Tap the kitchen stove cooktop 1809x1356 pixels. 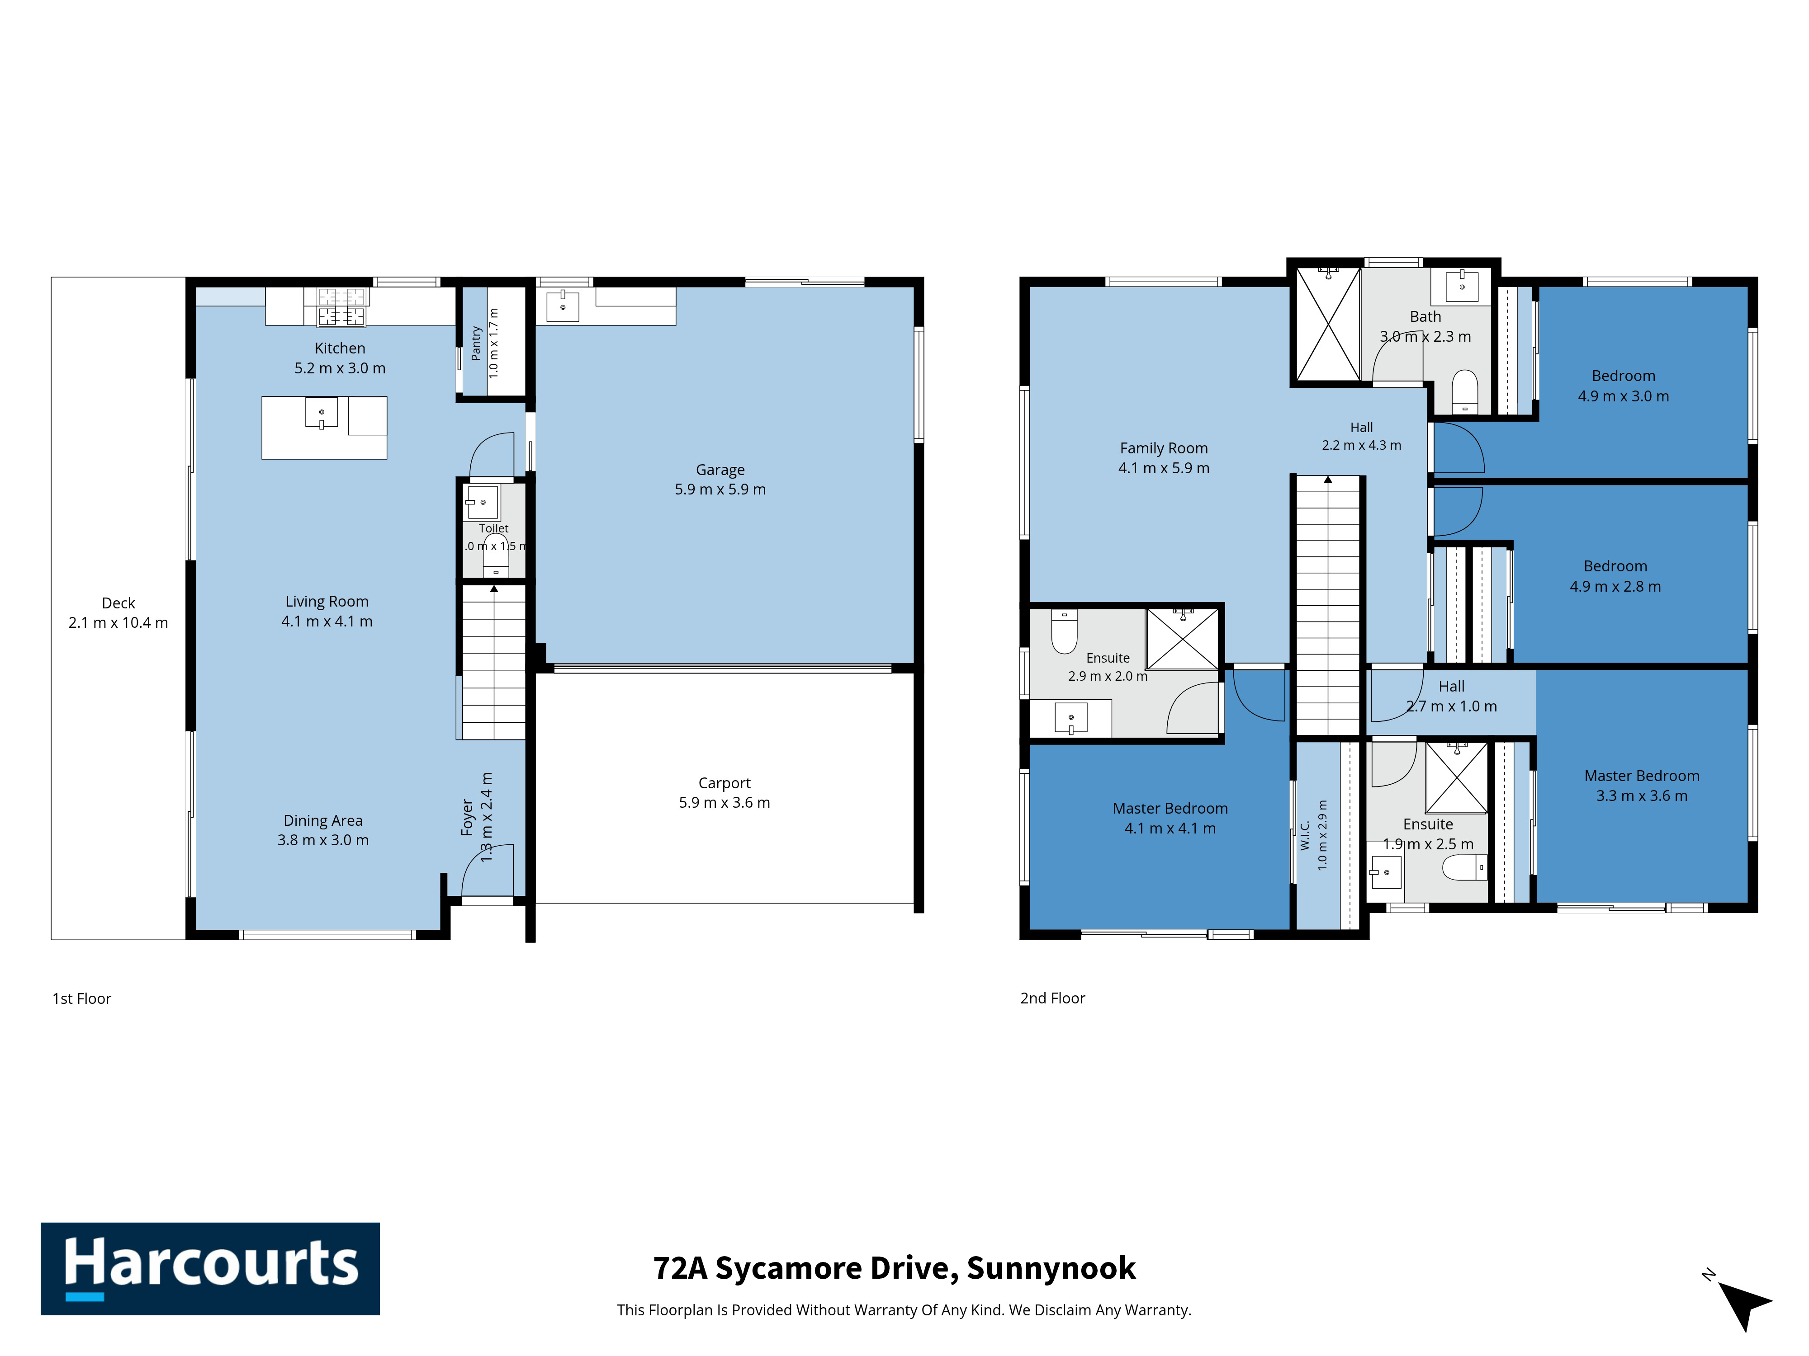tap(341, 306)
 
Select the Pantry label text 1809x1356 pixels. tap(476, 343)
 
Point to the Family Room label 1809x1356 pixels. tap(1164, 458)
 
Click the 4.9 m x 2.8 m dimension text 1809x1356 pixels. tap(1615, 586)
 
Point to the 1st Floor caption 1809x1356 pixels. tap(82, 998)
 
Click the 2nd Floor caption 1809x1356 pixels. tap(1052, 998)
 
